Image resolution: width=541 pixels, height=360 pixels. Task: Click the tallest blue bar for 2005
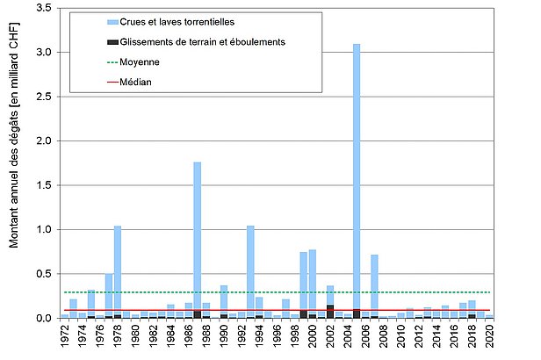(356, 176)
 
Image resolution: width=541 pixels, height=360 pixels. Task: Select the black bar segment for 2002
(329, 311)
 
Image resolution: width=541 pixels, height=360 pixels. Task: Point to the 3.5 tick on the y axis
(46, 8)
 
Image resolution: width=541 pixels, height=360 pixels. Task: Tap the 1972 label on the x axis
(65, 337)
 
